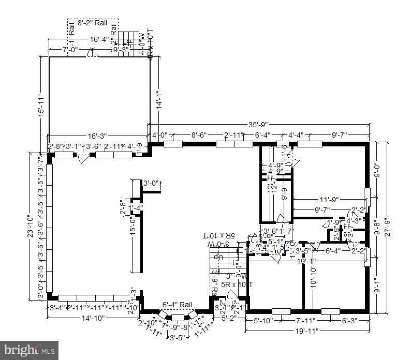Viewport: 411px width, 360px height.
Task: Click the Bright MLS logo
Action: click(29, 350)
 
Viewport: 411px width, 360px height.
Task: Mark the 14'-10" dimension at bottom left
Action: click(91, 318)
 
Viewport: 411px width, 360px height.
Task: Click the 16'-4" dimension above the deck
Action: click(99, 39)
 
